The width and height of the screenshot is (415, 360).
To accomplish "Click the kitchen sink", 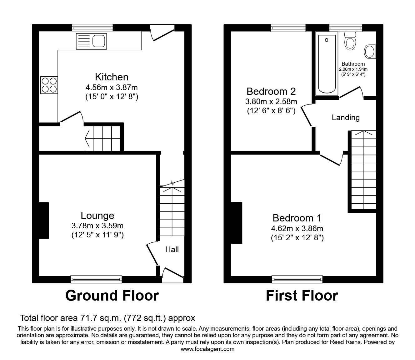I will (x=91, y=41).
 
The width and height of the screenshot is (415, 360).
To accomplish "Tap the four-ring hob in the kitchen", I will (x=49, y=85).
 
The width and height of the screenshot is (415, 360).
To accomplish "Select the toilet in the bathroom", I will (x=350, y=42).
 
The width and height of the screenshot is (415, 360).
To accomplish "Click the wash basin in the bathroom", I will (x=371, y=52).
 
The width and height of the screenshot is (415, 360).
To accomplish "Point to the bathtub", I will (x=327, y=64).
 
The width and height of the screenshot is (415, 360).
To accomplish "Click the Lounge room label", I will (x=97, y=215).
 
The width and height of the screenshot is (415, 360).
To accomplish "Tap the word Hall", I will (x=172, y=249).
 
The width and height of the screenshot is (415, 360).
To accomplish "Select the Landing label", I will (x=346, y=118).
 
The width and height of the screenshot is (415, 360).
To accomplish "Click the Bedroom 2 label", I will (x=271, y=91).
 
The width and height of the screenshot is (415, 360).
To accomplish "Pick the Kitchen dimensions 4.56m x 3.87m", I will (x=112, y=88).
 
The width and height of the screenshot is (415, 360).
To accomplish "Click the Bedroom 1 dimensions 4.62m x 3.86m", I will (x=297, y=228).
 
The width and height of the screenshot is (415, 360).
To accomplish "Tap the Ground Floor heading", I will (x=112, y=295).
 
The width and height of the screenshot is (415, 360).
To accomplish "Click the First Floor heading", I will (x=302, y=295).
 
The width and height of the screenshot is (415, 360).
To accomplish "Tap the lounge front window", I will (x=96, y=279).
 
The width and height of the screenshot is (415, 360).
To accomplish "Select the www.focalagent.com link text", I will (x=207, y=349).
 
